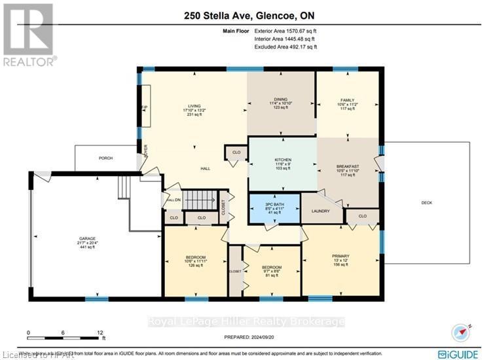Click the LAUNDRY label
click(320, 211)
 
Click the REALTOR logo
click(29, 34)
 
